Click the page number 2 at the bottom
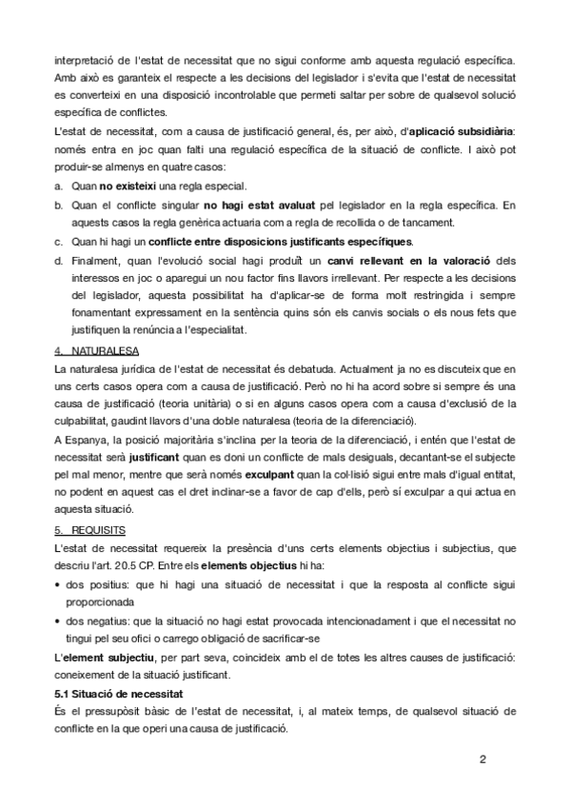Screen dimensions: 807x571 click(x=482, y=759)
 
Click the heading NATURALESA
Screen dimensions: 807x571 click(x=98, y=350)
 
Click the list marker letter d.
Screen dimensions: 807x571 click(x=59, y=259)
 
